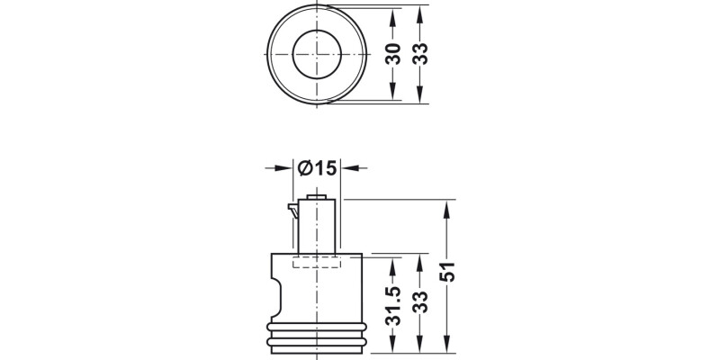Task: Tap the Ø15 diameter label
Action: click(x=316, y=167)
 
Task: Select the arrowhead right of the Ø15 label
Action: click(x=346, y=167)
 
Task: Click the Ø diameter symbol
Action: click(x=304, y=167)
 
